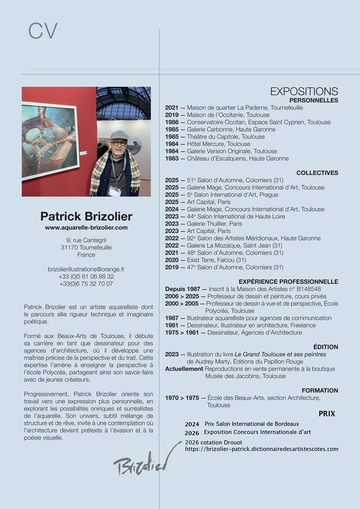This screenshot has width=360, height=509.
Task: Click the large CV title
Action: coord(43,31)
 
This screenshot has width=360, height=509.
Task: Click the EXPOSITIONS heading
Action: coord(304,91)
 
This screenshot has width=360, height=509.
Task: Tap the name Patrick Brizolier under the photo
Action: coord(86,216)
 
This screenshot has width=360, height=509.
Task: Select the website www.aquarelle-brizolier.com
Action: coord(86,227)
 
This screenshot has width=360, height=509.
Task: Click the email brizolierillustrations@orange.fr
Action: coord(86,269)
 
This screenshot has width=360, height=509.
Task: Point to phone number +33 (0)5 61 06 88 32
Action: coord(86,276)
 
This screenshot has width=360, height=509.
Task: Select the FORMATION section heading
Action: coord(320,390)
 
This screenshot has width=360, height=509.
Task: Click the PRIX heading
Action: coord(327,414)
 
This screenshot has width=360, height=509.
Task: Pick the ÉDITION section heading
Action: coord(326,347)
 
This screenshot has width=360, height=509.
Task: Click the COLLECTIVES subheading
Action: coord(317,173)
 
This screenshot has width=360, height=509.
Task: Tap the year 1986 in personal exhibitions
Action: coord(172,122)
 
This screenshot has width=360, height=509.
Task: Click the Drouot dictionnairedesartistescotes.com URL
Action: coord(261,449)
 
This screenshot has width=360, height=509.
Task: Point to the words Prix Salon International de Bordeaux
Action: coord(252,424)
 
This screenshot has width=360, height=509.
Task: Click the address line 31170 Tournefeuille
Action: coord(86,247)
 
